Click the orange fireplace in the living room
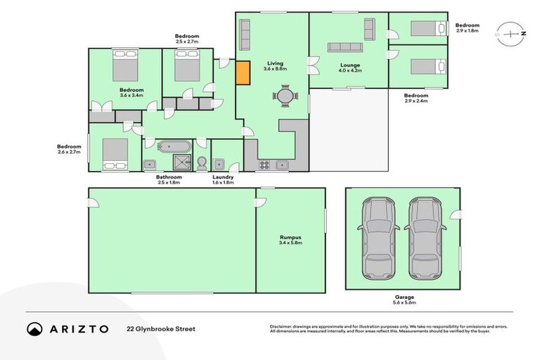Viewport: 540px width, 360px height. click(242, 73)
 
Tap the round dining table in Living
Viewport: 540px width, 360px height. click(284, 96)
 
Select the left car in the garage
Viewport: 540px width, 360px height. click(378, 237)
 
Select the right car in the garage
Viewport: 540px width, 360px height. click(425, 237)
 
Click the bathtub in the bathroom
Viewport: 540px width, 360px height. click(174, 148)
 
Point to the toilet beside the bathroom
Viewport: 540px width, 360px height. click(201, 163)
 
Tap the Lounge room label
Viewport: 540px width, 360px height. click(349, 65)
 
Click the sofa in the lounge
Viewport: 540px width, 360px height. click(345, 47)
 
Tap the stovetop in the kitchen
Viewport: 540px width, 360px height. click(265, 165)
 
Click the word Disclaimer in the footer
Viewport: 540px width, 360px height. click(281, 326)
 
